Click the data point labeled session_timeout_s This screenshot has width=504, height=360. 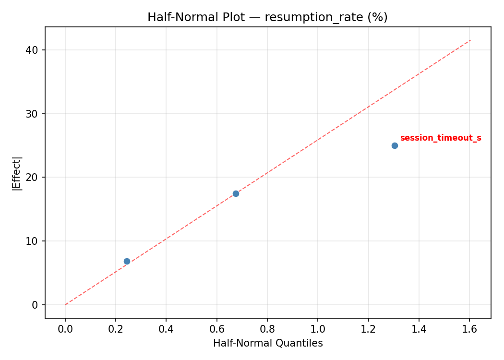tap(395, 145)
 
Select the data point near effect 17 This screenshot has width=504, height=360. tap(236, 193)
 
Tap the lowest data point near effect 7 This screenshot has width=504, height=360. tap(127, 261)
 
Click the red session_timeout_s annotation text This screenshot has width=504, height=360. tap(440, 138)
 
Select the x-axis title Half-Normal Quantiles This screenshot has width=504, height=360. tap(268, 343)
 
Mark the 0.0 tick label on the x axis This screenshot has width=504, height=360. tap(65, 329)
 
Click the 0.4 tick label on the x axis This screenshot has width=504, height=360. tap(166, 329)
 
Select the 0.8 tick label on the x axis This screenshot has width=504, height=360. tap(267, 329)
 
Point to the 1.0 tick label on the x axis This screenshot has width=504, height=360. tap(318, 329)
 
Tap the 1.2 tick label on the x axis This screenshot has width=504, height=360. tap(368, 329)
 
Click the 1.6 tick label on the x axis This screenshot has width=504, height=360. tap(469, 329)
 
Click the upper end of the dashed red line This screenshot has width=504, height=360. tap(470, 40)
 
